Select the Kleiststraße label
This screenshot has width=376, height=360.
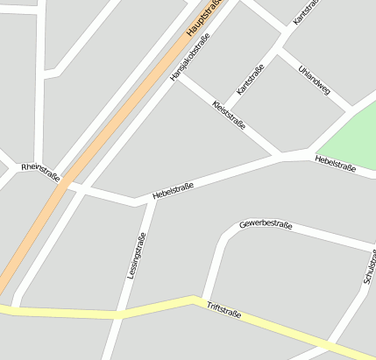pyautogui.click(x=229, y=115)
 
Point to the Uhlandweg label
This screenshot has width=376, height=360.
pyautogui.click(x=314, y=80)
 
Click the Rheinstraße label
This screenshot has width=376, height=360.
pyautogui.click(x=40, y=172)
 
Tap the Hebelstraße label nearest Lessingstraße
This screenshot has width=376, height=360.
pyautogui.click(x=173, y=190)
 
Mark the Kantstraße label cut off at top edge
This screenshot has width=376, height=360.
pyautogui.click(x=303, y=11)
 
